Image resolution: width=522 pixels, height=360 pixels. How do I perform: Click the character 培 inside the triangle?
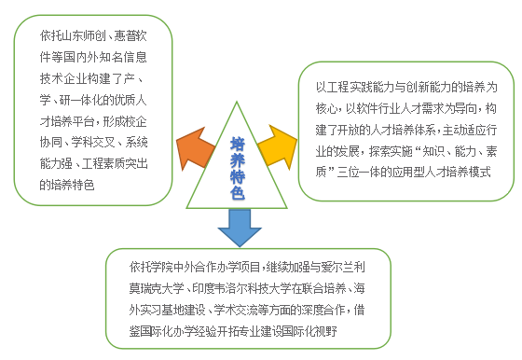coord(238,145)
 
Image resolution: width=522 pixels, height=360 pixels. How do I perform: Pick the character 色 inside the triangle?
coord(238,192)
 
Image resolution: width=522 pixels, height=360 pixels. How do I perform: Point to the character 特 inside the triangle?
coord(238,176)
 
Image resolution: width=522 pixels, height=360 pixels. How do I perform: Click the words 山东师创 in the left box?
coord(83,35)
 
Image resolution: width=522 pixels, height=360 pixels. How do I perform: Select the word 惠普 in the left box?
coord(125,35)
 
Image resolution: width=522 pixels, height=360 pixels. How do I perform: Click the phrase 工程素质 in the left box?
coord(103,163)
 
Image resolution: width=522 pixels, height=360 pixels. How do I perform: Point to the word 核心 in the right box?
coord(326,108)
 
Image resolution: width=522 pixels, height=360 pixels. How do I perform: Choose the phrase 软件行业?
coord(378,108)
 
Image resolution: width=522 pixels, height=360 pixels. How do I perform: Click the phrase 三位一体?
coord(359,173)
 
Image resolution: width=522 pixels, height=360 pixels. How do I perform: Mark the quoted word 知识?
coord(433,151)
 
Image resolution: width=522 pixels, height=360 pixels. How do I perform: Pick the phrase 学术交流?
coord(236,310)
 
